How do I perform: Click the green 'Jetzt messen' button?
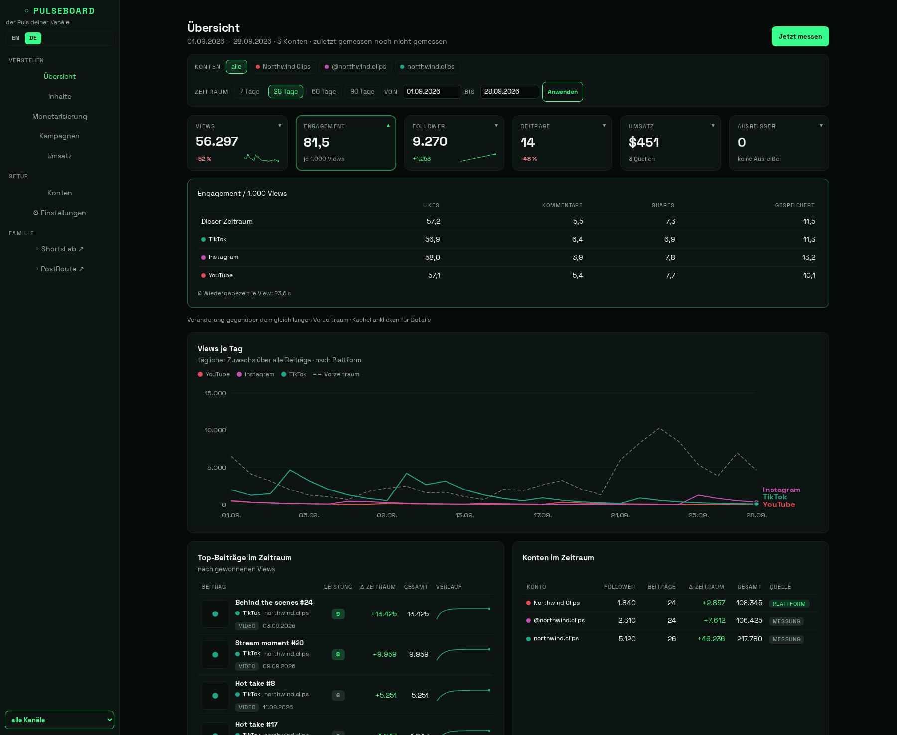[x=800, y=36]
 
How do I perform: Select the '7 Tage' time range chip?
[x=249, y=92]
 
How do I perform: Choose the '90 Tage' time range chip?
[x=362, y=92]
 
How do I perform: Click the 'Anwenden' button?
[x=563, y=92]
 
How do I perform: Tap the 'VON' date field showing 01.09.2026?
[x=432, y=92]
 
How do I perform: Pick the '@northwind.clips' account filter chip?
[x=355, y=67]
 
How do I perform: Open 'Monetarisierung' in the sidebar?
[x=60, y=116]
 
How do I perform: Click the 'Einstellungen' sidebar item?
[x=60, y=213]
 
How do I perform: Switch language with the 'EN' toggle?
[x=16, y=38]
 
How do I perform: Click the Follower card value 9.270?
[x=430, y=142]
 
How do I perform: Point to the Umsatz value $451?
[x=644, y=143]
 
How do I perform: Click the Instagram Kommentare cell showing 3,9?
[x=578, y=257]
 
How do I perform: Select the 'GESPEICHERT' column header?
[x=795, y=205]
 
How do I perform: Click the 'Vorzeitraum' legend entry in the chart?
[x=336, y=374]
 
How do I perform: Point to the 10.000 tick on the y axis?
[x=215, y=430]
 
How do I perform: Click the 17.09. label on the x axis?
[x=543, y=515]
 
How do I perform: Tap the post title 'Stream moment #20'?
[x=270, y=643]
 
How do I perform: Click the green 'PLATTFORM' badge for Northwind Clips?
[x=789, y=604]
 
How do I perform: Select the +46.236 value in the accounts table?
[x=711, y=639]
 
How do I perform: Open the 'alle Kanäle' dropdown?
[x=59, y=720]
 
